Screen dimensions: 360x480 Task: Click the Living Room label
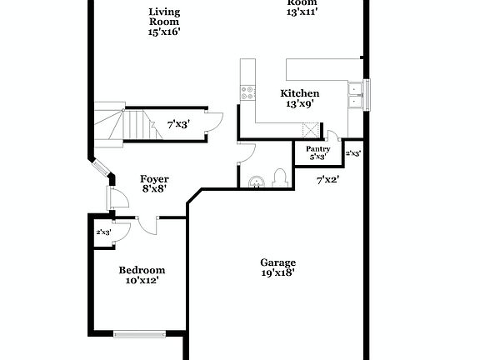164,17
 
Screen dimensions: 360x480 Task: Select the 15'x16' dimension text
164,31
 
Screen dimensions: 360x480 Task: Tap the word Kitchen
299,93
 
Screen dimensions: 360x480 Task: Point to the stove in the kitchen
247,92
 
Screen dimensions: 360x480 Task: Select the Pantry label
317,148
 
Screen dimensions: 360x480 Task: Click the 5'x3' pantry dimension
317,157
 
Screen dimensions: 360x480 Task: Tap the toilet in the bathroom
280,177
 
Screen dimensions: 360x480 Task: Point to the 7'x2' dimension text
327,178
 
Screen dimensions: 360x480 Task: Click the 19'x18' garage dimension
277,272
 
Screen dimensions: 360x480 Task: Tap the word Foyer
153,178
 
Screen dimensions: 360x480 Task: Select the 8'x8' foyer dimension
153,189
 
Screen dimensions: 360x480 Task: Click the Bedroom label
142,270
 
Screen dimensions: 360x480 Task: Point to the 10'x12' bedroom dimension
142,281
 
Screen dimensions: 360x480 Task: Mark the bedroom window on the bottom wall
141,335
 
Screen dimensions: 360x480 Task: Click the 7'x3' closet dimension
178,124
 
